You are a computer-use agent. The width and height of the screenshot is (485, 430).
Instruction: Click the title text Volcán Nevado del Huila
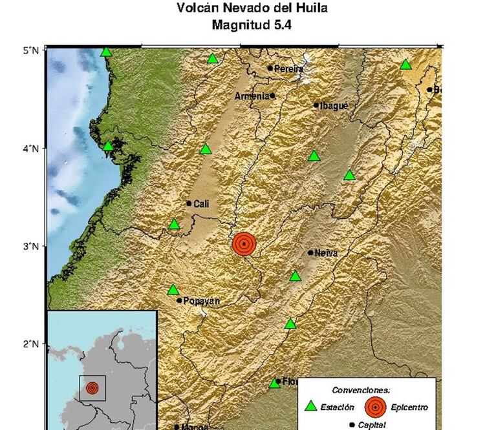(x=252, y=9)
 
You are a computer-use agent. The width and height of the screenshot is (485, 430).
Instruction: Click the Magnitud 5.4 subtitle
(x=252, y=26)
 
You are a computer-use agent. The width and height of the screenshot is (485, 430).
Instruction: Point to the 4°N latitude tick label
(x=31, y=148)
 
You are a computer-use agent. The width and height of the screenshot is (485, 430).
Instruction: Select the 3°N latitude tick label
(x=31, y=246)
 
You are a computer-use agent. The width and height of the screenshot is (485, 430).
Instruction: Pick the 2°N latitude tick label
(x=31, y=343)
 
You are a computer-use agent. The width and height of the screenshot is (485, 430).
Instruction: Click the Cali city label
(x=201, y=203)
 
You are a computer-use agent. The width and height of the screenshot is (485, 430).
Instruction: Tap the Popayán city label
(x=202, y=300)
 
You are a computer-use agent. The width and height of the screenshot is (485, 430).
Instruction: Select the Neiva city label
(x=327, y=253)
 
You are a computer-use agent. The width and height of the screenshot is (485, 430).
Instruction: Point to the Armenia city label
(x=252, y=96)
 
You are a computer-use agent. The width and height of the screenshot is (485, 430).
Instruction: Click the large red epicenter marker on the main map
(x=244, y=244)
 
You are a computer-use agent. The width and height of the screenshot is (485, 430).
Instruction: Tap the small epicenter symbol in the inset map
(x=92, y=388)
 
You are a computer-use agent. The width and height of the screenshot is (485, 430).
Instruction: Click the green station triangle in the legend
(x=311, y=407)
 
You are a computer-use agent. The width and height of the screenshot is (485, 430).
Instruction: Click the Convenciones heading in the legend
(x=361, y=391)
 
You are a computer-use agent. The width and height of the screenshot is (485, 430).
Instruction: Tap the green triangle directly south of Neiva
(x=296, y=276)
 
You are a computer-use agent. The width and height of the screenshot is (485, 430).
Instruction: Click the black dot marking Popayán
(x=179, y=300)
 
